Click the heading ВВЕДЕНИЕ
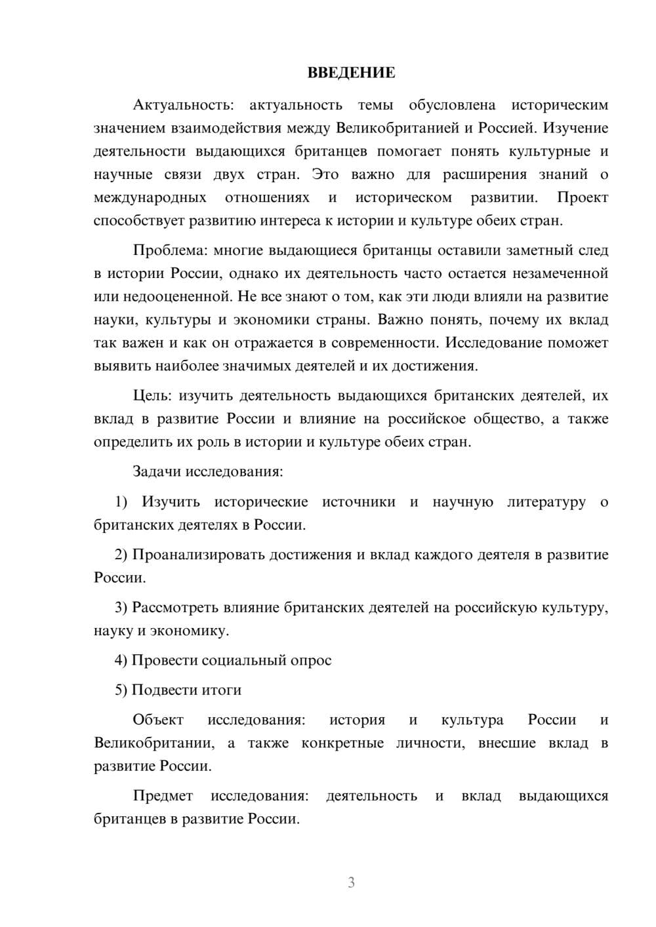(351, 73)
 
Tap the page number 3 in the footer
(351, 882)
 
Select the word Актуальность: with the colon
(178, 105)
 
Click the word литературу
(546, 502)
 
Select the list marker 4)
(121, 660)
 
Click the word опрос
(312, 660)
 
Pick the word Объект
(158, 720)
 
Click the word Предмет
(163, 796)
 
